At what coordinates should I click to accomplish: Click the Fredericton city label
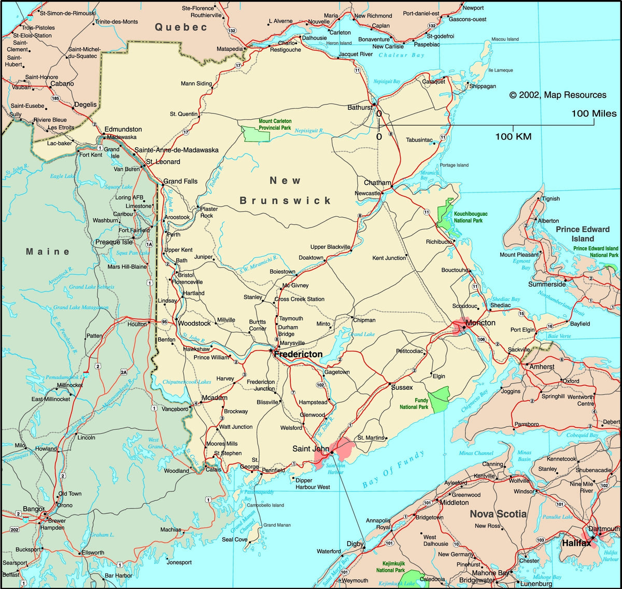(298, 355)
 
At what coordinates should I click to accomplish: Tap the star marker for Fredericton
(270, 351)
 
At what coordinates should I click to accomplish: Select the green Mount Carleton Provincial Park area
(256, 134)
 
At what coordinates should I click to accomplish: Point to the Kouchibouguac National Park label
(471, 217)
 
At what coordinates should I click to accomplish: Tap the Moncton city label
(480, 323)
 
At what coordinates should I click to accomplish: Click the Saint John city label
(310, 449)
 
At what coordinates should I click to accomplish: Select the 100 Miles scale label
(594, 114)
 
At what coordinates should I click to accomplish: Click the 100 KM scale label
(513, 137)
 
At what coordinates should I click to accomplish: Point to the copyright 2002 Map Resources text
(558, 95)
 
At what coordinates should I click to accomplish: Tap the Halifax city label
(576, 543)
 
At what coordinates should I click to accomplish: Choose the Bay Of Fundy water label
(393, 469)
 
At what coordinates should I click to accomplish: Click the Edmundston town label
(123, 129)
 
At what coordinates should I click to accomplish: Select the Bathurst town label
(360, 107)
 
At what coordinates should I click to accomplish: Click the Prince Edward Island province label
(583, 234)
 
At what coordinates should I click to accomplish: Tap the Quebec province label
(181, 27)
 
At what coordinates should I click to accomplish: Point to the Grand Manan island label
(277, 525)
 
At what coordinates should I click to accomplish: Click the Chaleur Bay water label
(401, 55)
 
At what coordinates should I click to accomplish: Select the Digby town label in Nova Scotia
(355, 544)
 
